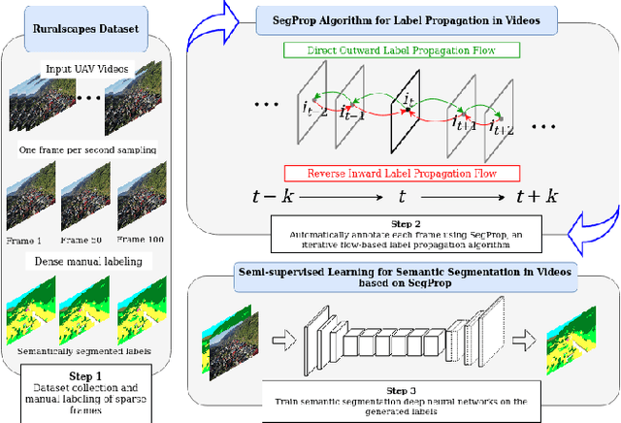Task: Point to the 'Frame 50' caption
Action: [x=83, y=239]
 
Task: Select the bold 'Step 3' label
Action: [x=399, y=384]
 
